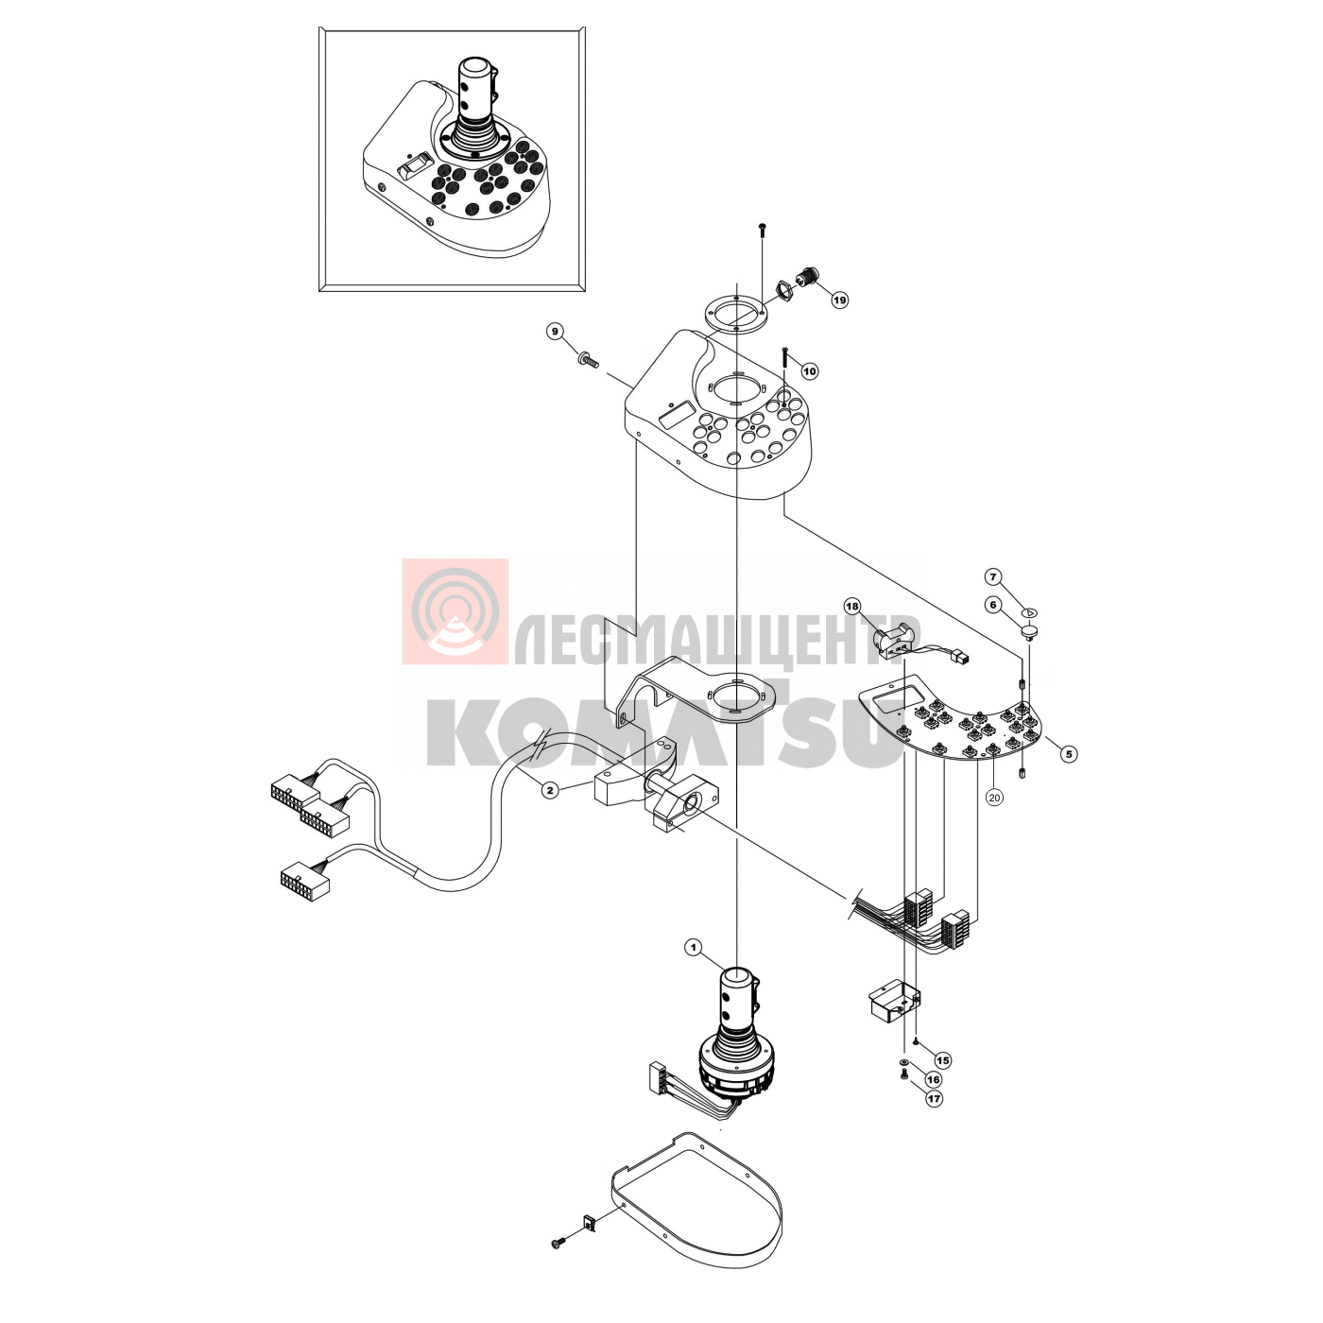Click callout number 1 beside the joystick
pos(694,948)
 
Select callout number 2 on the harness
pos(549,790)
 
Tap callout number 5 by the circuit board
pos(1068,754)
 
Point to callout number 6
pos(992,605)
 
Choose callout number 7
pos(992,576)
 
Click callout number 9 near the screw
pos(555,332)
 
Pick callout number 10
pos(810,371)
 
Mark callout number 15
pos(943,1060)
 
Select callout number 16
pos(933,1080)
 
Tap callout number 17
pos(934,1099)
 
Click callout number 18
pos(852,607)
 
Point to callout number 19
pos(840,300)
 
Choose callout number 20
pos(994,797)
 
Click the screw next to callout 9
pos(589,359)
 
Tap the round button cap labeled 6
pos(1028,631)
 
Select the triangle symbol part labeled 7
pos(1031,612)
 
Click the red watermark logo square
pos(455,611)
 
